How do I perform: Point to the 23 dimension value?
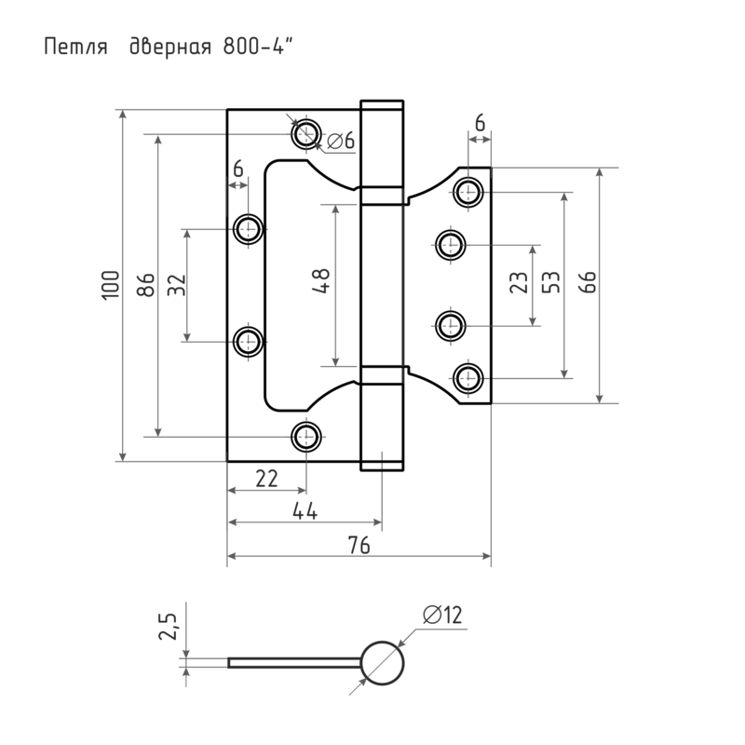click(519, 285)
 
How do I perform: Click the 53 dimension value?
click(549, 285)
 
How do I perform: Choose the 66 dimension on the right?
click(587, 285)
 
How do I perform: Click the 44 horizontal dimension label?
click(305, 511)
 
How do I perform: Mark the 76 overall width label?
click(359, 547)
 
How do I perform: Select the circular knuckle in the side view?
click(383, 662)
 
